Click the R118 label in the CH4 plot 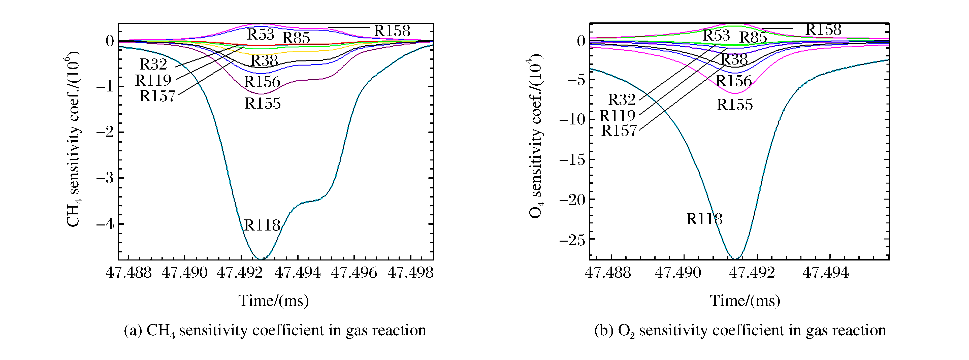click(x=262, y=225)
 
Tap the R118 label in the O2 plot click(x=704, y=219)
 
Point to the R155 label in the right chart click(x=735, y=105)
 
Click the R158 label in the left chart click(x=392, y=31)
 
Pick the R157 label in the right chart click(x=619, y=130)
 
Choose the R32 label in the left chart click(x=153, y=64)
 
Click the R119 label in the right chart click(x=617, y=115)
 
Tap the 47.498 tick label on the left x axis click(x=410, y=272)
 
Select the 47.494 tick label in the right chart click(x=825, y=272)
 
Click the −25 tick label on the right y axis click(x=572, y=240)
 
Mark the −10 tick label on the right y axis click(x=572, y=120)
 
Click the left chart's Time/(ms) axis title click(x=273, y=301)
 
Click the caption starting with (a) click(x=275, y=330)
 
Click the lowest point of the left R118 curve click(x=261, y=259)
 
